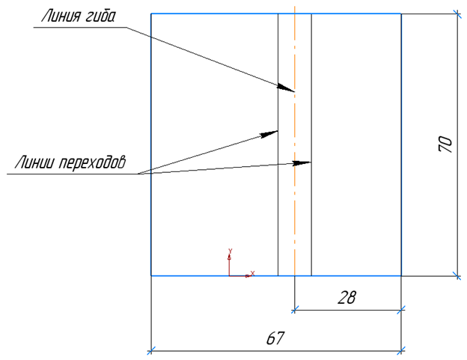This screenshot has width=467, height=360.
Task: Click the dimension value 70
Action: [444, 144]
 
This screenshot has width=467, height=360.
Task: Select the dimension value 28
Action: [347, 297]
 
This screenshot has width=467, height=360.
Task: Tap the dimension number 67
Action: [275, 339]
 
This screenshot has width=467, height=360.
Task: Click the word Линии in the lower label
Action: [34, 162]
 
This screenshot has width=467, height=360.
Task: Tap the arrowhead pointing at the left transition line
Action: [270, 133]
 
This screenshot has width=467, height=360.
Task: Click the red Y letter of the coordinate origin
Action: [231, 251]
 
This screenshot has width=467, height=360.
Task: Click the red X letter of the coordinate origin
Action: [252, 273]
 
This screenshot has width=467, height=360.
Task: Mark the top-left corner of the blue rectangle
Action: [151, 13]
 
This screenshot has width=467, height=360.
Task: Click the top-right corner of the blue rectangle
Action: [401, 13]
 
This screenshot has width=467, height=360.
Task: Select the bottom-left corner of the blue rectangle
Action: [151, 275]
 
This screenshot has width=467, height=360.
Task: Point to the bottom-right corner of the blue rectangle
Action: [401, 275]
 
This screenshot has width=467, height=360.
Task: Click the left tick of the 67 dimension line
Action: [151, 350]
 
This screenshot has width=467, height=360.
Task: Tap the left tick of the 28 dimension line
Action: [295, 307]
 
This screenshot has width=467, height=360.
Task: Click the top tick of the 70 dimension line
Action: [457, 13]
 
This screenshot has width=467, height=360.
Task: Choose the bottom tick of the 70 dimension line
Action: [457, 275]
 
